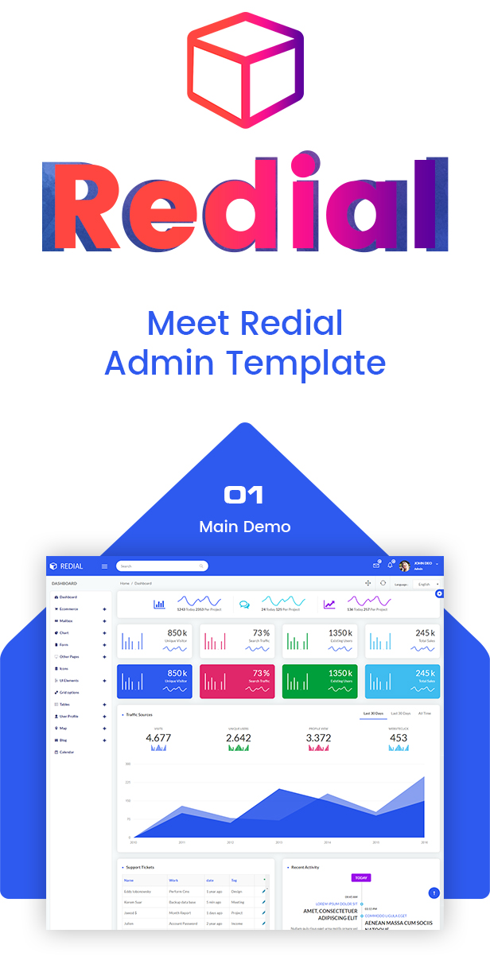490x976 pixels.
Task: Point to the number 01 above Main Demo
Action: pyautogui.click(x=244, y=496)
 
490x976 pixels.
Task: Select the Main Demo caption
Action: pyautogui.click(x=244, y=527)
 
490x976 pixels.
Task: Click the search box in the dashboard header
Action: pyautogui.click(x=162, y=566)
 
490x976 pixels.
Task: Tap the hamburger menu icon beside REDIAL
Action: pyautogui.click(x=104, y=566)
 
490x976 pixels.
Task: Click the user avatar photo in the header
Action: pyautogui.click(x=405, y=566)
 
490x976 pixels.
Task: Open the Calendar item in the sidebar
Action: pyautogui.click(x=66, y=752)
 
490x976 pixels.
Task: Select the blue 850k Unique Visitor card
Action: pyautogui.click(x=155, y=682)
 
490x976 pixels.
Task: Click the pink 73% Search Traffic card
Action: pyautogui.click(x=237, y=682)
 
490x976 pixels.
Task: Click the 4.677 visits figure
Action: pyautogui.click(x=158, y=738)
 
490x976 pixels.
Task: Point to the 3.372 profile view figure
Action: pyautogui.click(x=318, y=738)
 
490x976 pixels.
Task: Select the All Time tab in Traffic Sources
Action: pyautogui.click(x=425, y=714)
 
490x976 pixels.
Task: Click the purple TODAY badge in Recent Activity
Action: pyautogui.click(x=361, y=878)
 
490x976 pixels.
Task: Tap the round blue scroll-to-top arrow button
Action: pyautogui.click(x=434, y=893)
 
